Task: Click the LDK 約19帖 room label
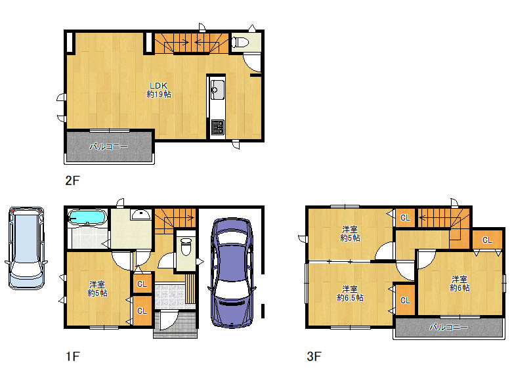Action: tap(159, 90)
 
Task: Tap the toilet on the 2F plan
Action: tap(240, 43)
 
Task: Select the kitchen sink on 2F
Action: tap(217, 89)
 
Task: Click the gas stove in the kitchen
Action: tap(217, 127)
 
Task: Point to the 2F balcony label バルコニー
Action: tap(109, 146)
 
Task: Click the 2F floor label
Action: tap(72, 181)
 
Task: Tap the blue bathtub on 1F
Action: tap(87, 217)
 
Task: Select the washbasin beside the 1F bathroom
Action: tap(140, 215)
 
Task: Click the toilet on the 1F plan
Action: tap(186, 247)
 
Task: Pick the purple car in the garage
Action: tap(232, 272)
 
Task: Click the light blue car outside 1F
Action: tap(26, 248)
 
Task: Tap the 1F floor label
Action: tap(72, 356)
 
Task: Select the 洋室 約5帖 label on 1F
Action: tap(97, 289)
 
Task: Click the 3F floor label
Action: tap(314, 356)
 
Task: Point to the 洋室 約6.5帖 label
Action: tap(350, 293)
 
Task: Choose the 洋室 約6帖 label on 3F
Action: tap(459, 284)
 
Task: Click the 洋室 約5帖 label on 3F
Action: tap(350, 234)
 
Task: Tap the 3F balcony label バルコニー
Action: tap(448, 327)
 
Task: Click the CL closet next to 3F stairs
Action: tap(405, 217)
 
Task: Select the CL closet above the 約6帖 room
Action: tap(487, 240)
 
